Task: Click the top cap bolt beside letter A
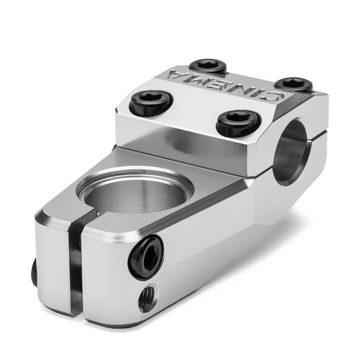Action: pos(208,67)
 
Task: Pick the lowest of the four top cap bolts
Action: pos(238,123)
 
